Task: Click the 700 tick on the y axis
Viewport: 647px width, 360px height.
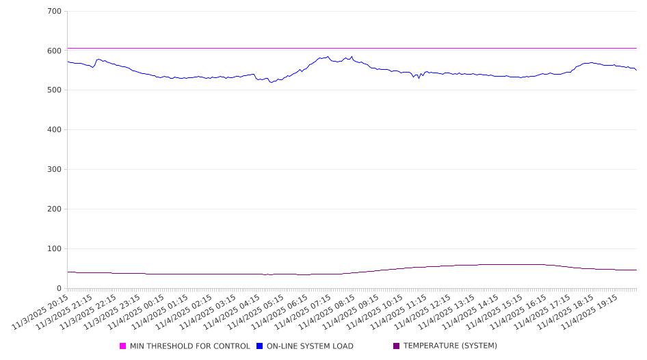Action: (x=55, y=12)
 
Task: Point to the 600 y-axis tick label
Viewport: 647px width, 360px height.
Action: (x=55, y=51)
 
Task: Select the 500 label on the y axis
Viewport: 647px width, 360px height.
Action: (x=55, y=90)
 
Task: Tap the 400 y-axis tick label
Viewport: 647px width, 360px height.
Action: (x=55, y=130)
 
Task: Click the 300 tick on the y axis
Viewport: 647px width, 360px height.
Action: (x=55, y=170)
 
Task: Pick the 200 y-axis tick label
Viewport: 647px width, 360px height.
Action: (x=55, y=209)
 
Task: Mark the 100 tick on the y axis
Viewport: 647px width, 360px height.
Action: (x=55, y=249)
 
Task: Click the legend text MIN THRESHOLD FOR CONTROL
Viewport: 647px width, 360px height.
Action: (x=189, y=346)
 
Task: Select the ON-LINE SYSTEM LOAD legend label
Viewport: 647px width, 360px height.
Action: (x=310, y=346)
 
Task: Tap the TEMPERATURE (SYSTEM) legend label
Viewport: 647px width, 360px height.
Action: (x=450, y=346)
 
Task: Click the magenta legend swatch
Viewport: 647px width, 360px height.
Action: (x=123, y=346)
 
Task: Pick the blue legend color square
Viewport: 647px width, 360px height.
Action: (x=260, y=346)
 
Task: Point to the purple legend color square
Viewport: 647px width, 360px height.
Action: (x=397, y=346)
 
